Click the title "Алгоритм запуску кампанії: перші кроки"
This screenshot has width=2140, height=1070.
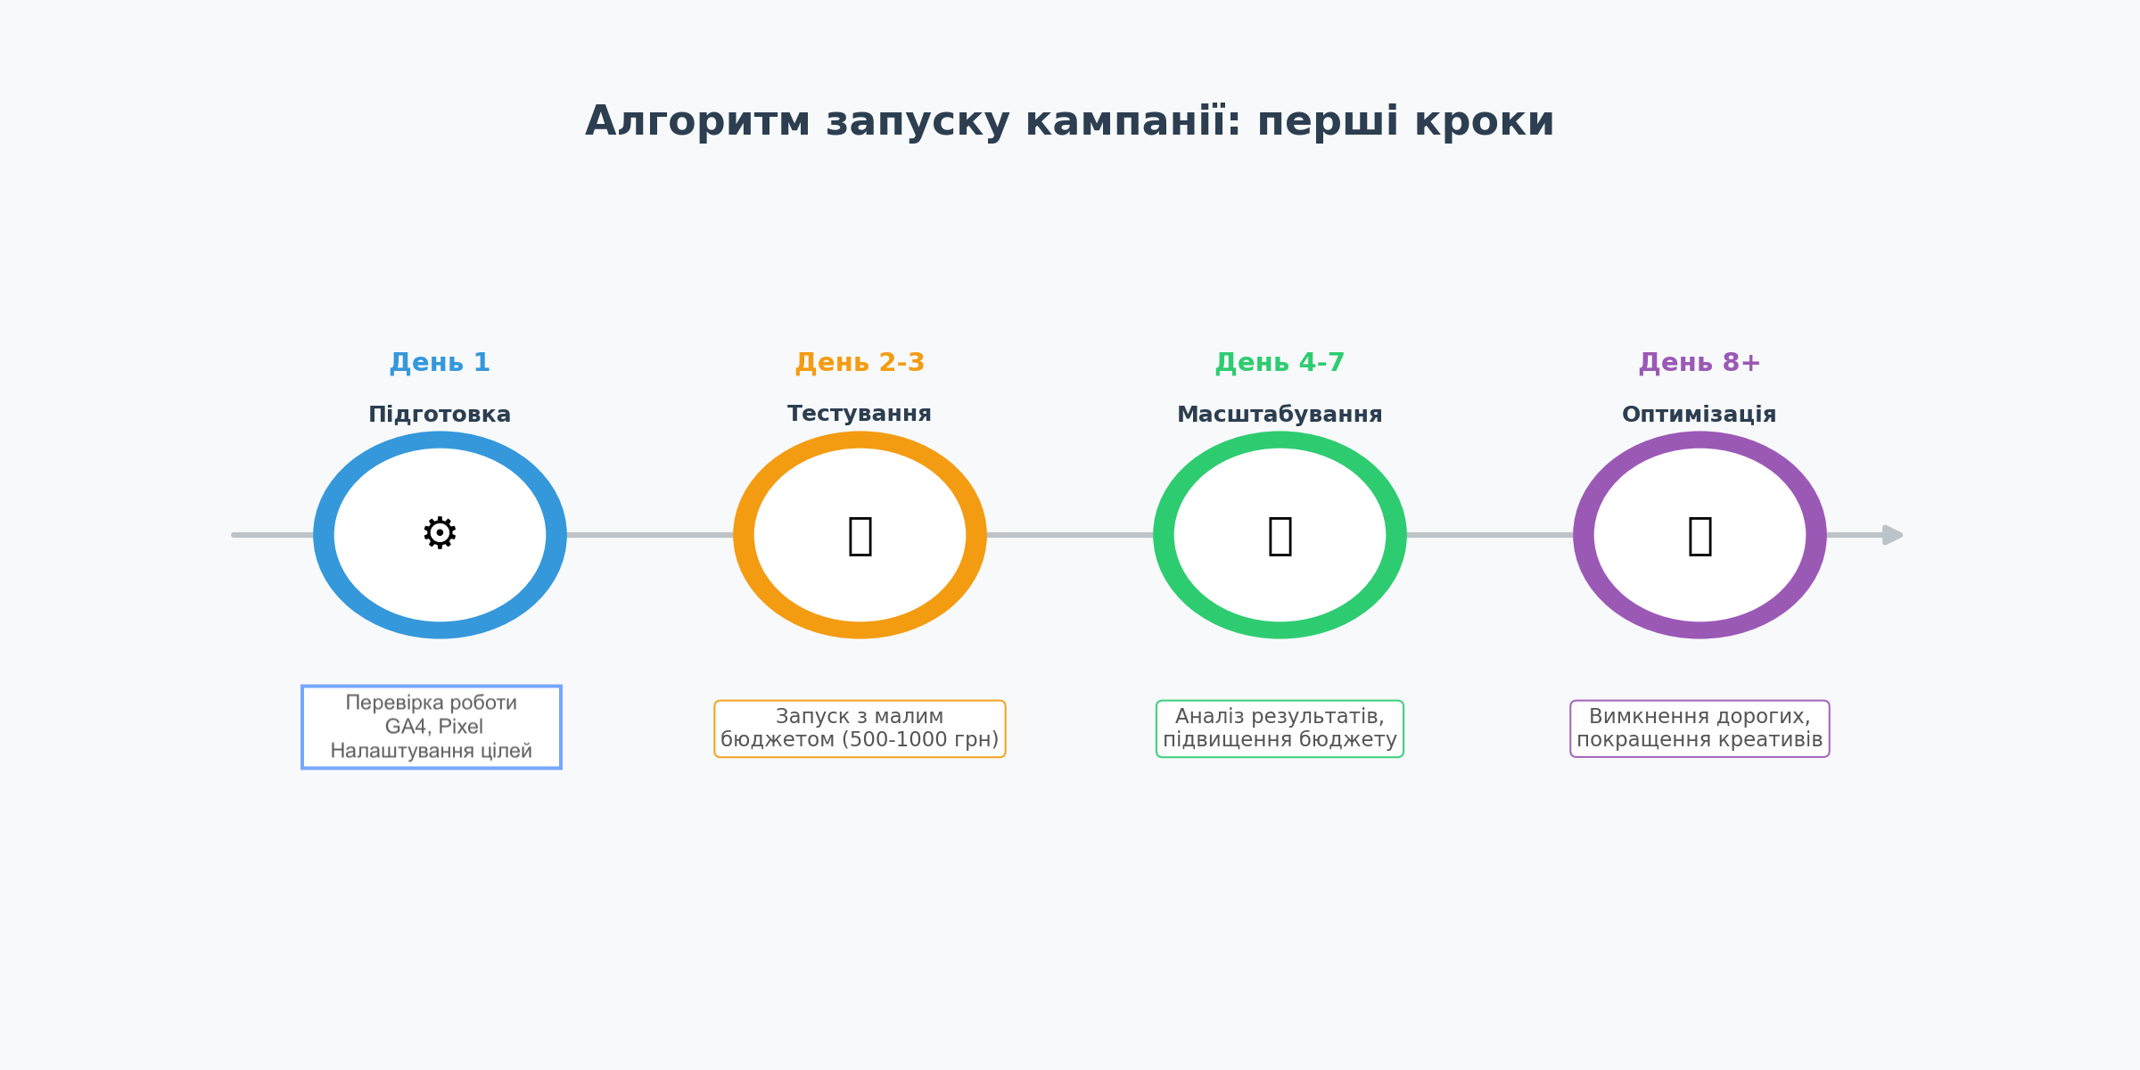tap(1069, 122)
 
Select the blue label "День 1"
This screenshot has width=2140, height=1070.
tap(440, 363)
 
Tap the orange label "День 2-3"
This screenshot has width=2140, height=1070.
tap(860, 363)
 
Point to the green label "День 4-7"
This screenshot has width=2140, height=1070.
tap(1280, 363)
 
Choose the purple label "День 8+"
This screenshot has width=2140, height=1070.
tap(1700, 363)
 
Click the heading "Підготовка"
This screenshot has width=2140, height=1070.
tap(440, 415)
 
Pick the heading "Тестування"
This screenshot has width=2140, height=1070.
tap(860, 414)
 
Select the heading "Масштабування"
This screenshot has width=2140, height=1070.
tap(1280, 415)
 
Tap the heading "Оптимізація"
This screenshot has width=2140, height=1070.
tap(1700, 415)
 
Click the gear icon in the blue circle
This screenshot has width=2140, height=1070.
tap(440, 533)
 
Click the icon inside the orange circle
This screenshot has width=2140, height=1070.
tap(860, 535)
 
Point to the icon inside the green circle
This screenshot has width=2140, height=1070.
tap(1280, 535)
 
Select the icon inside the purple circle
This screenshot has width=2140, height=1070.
tap(1700, 535)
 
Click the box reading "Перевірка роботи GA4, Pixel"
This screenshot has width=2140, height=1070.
tap(432, 727)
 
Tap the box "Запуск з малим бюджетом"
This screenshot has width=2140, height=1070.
tap(860, 728)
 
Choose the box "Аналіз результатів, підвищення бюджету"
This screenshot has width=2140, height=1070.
tap(1280, 728)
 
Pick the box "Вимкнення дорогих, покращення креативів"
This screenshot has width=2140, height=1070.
tap(1700, 728)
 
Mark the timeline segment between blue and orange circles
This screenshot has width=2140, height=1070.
tap(650, 535)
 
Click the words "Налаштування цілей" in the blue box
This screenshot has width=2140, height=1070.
tap(432, 751)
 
